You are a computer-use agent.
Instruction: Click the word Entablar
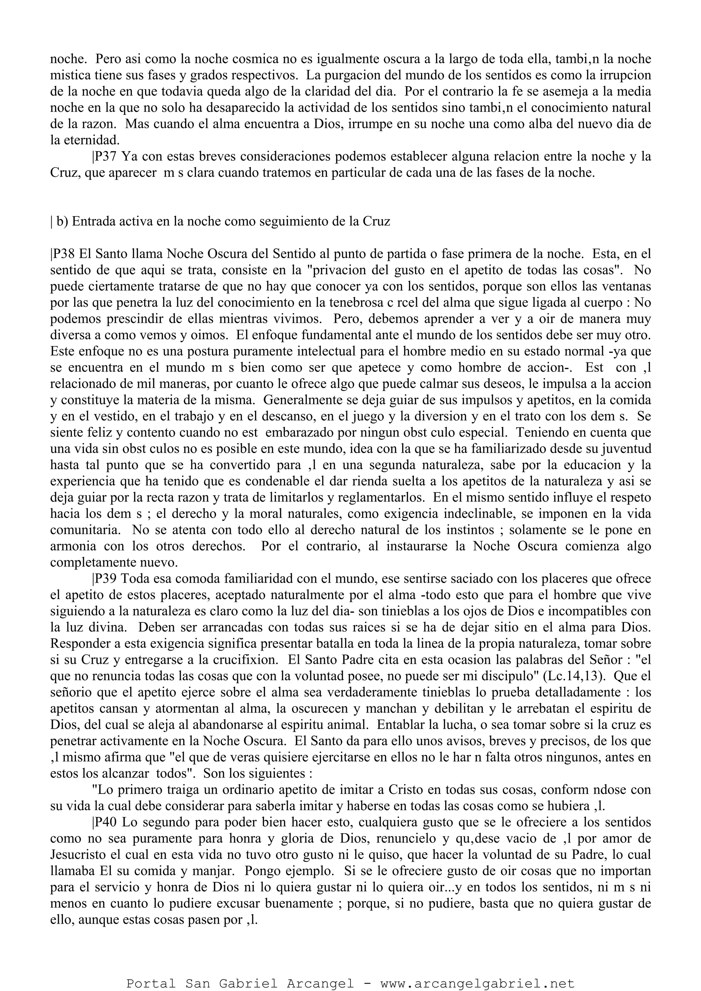coord(404,725)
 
